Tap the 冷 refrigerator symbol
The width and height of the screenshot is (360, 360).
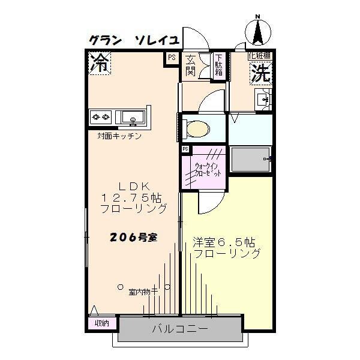(100, 63)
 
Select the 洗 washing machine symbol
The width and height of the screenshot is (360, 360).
(260, 73)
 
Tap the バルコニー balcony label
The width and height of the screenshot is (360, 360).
(179, 329)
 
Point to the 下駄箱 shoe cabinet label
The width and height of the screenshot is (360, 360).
(219, 65)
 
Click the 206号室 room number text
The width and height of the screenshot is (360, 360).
(133, 237)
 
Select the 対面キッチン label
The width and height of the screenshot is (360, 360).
(119, 136)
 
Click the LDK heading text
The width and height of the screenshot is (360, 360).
(133, 185)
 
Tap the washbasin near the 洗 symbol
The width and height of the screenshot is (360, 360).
(263, 99)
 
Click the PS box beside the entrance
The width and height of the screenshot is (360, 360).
(172, 58)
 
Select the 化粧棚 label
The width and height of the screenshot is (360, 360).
(259, 56)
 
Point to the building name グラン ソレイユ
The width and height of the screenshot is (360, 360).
(133, 41)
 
